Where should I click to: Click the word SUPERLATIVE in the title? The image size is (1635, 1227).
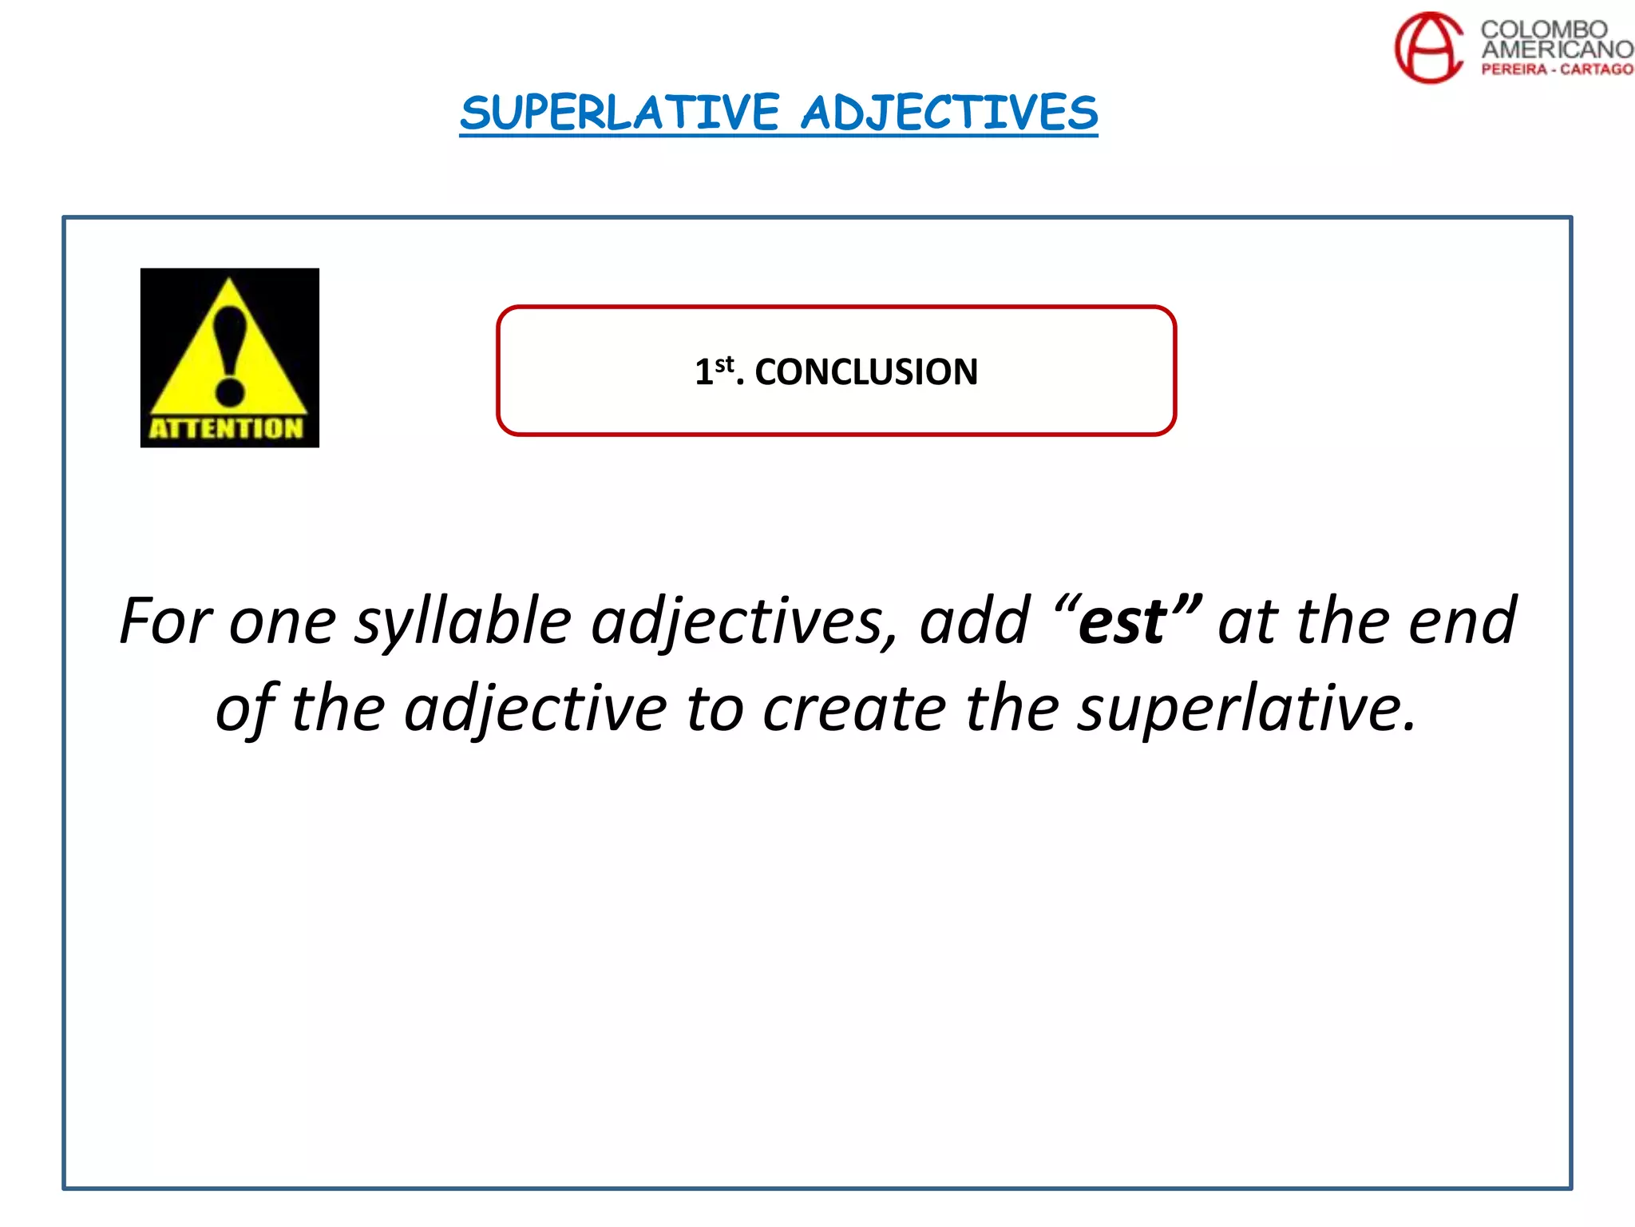(x=620, y=113)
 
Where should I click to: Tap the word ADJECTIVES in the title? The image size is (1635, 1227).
(x=949, y=113)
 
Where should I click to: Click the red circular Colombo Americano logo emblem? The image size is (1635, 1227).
(x=1428, y=47)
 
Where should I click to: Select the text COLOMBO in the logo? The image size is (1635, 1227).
(x=1543, y=29)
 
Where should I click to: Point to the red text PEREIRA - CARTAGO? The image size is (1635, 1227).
(x=1557, y=69)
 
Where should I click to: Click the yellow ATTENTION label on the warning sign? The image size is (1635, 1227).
(x=227, y=428)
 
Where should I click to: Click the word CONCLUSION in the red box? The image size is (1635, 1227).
(x=866, y=372)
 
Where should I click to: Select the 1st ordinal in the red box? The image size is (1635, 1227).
(x=713, y=371)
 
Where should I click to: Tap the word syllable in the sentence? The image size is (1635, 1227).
(x=463, y=622)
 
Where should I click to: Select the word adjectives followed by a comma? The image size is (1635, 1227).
(x=742, y=622)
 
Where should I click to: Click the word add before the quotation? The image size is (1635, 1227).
(x=975, y=621)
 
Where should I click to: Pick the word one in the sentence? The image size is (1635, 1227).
(x=283, y=622)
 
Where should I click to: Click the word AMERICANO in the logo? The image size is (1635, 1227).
(x=1557, y=50)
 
